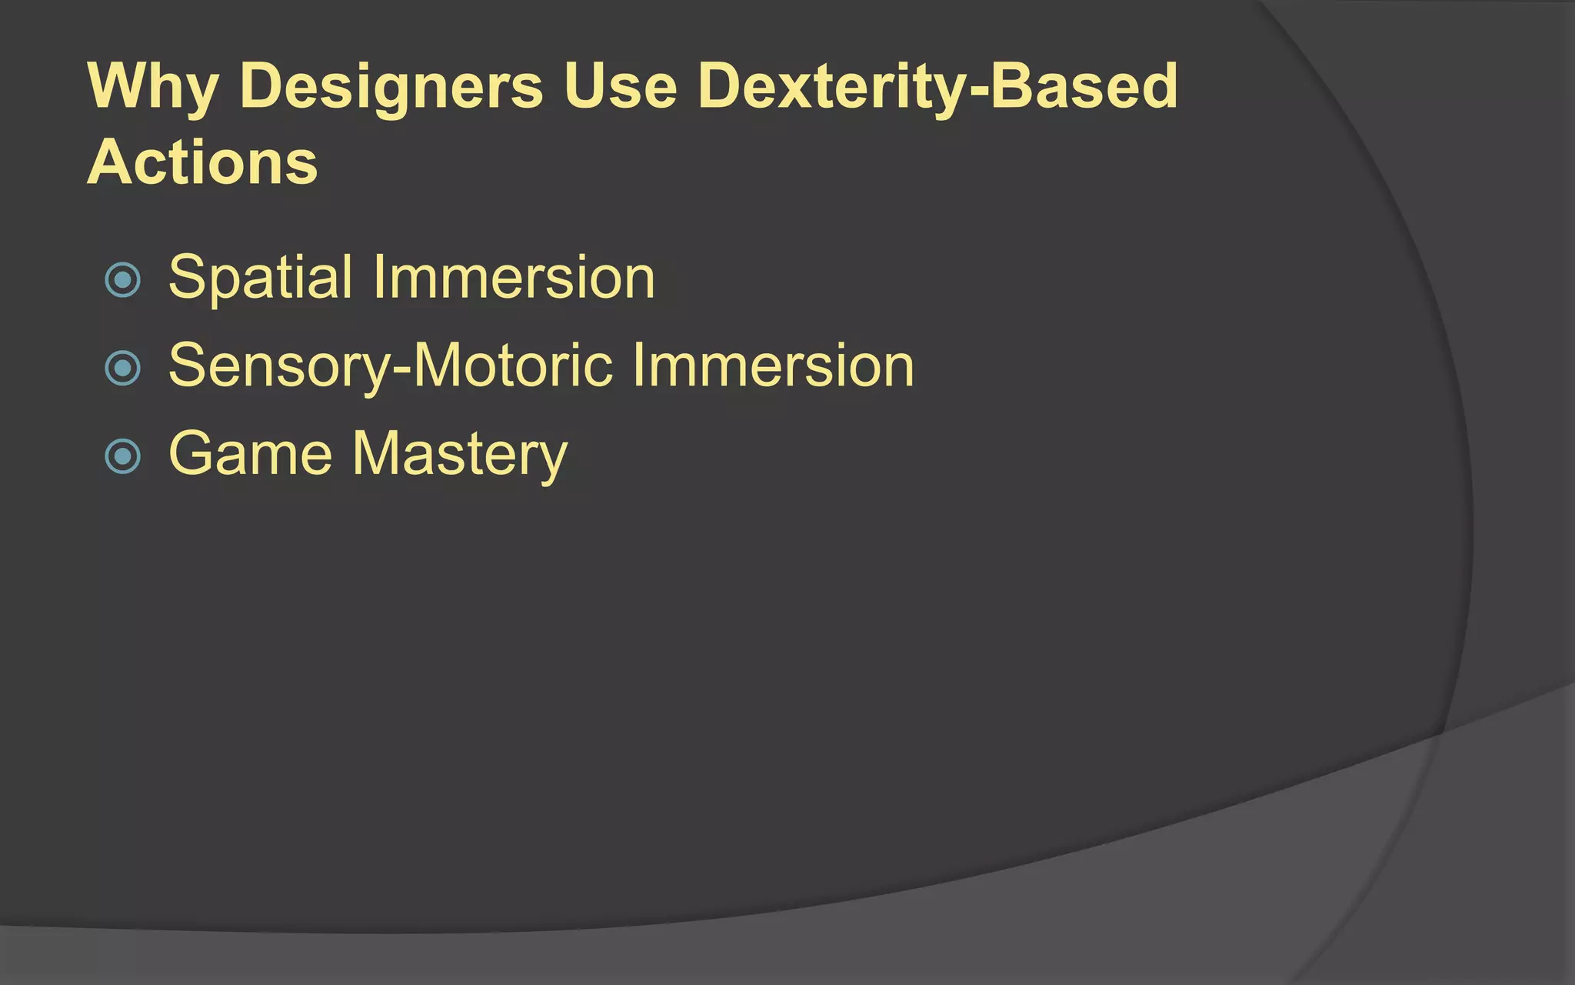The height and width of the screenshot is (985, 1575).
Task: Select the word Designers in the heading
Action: click(x=391, y=86)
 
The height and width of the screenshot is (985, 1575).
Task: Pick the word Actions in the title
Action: click(x=202, y=162)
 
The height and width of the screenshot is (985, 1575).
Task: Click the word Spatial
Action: click(x=261, y=278)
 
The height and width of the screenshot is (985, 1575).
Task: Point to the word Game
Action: click(x=251, y=453)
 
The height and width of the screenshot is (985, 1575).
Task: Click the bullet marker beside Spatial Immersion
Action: click(x=122, y=280)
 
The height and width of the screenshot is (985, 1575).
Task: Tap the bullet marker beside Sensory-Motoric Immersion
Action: click(x=122, y=368)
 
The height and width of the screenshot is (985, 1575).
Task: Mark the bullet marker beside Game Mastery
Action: click(x=122, y=456)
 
